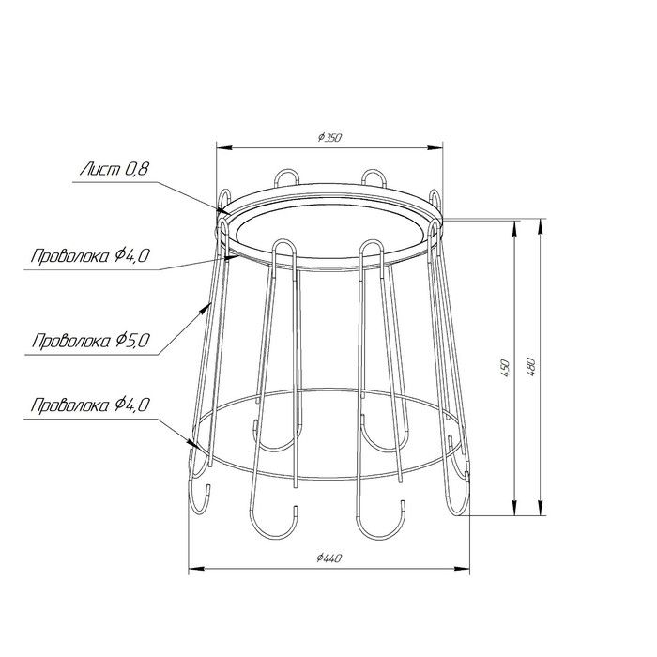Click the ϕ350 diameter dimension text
coord(329,137)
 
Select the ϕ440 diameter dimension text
coord(329,558)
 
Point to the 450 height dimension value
coord(506,368)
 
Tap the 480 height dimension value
coord(531,367)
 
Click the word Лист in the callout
coord(100,169)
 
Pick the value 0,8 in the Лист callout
coord(137,169)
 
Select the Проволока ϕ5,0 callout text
coord(91,341)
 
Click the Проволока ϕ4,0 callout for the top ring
coord(90,255)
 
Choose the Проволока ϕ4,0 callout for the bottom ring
coord(90,405)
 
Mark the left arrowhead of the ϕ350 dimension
coord(224,147)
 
